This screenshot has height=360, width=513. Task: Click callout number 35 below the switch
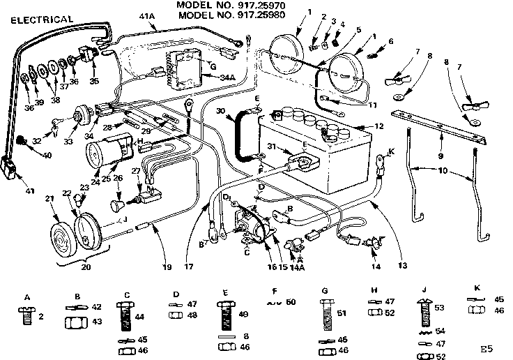pos(95,81)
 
